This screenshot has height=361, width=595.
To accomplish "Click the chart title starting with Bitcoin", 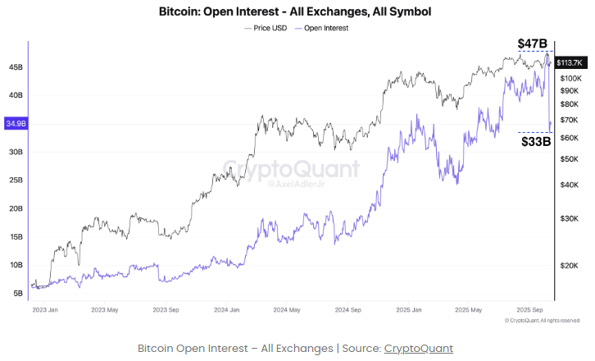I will tap(296, 12).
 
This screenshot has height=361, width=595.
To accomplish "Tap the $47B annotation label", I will tap(533, 43).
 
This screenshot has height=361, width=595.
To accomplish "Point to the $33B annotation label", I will tap(536, 141).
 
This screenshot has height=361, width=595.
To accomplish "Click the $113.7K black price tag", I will tap(569, 62).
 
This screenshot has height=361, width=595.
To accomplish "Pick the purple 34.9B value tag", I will tap(16, 124).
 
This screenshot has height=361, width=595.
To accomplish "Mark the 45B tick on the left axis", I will tap(16, 67).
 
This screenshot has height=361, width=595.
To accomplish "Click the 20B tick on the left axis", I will tap(16, 208).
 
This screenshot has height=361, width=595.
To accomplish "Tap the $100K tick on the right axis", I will tap(570, 77).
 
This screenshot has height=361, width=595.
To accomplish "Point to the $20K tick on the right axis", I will tap(569, 266).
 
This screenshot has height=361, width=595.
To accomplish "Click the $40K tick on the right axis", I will tap(569, 185).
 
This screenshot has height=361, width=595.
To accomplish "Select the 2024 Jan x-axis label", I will tap(226, 310).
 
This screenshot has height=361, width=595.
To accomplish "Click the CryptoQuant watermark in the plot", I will tap(292, 169).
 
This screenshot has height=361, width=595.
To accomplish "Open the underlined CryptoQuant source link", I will tap(418, 349).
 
